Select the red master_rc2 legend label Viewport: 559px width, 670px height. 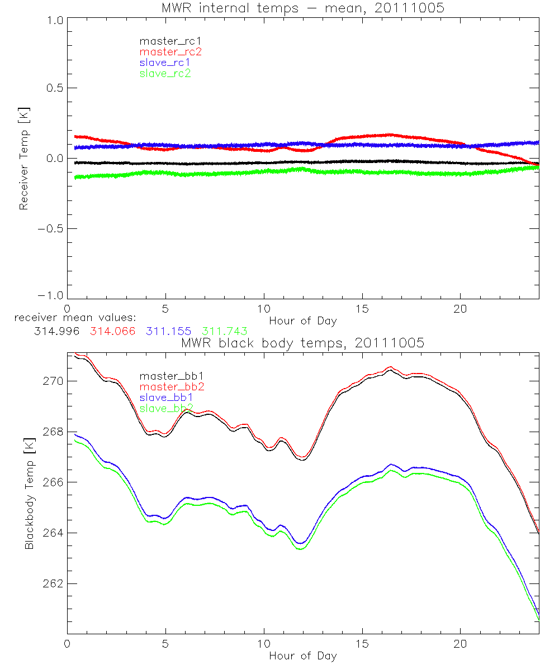click(170, 51)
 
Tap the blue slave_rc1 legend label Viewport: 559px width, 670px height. click(165, 63)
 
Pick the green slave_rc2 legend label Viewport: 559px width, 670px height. click(165, 73)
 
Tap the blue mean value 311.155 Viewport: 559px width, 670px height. click(169, 331)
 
